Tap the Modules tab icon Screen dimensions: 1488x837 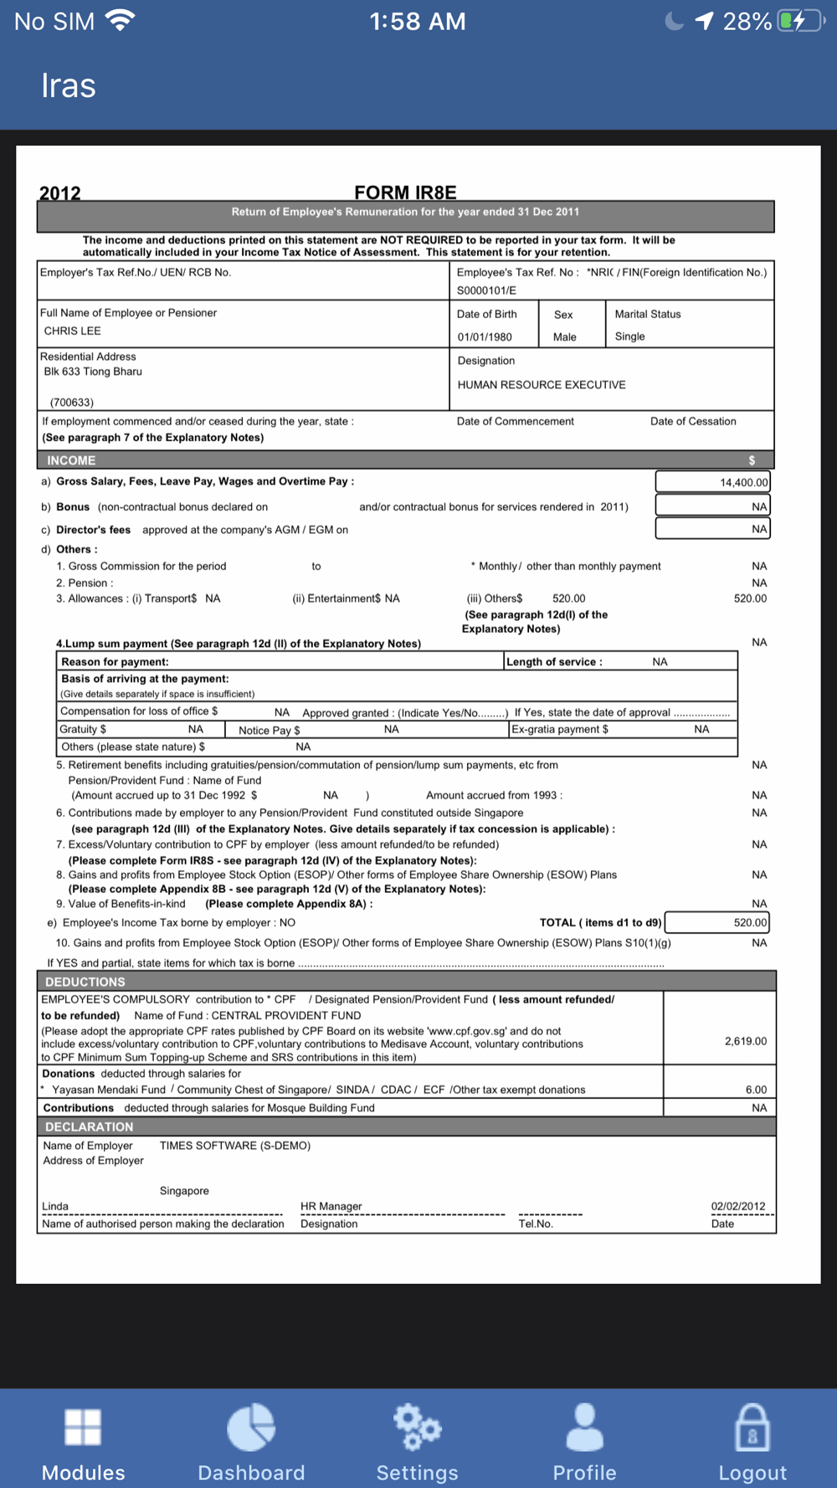click(83, 1427)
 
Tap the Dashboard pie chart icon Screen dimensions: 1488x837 click(251, 1427)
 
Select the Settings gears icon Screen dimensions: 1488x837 click(417, 1427)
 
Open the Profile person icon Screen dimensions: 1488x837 click(584, 1427)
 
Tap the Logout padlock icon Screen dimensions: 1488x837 click(752, 1427)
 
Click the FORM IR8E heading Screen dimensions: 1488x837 click(405, 192)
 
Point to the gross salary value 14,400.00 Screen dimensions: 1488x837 click(743, 482)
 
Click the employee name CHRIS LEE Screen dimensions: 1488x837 click(73, 331)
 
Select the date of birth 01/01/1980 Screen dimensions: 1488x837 click(485, 336)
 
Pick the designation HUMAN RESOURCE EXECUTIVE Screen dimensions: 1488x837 click(542, 385)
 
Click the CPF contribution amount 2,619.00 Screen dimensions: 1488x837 click(745, 1041)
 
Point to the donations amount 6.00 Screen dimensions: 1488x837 click(756, 1090)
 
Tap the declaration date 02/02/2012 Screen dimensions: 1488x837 click(738, 1206)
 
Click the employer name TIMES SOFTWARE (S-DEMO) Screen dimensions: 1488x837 click(235, 1146)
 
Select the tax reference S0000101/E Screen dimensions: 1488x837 click(486, 290)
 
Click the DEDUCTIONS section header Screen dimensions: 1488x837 click(85, 982)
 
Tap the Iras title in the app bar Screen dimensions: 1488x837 click(69, 86)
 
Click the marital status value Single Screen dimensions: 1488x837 click(630, 336)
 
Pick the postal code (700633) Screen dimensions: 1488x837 click(72, 403)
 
